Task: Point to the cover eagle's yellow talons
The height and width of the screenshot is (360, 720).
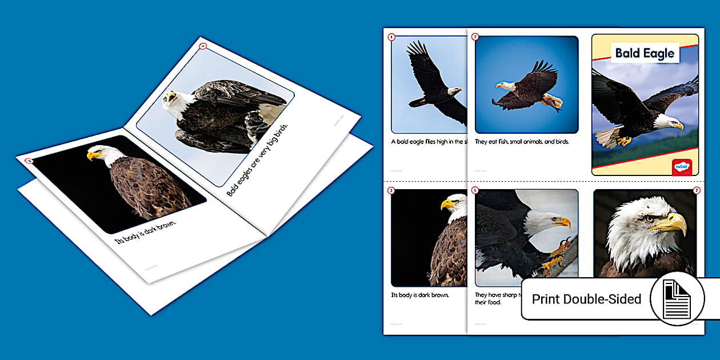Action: (x=624, y=140)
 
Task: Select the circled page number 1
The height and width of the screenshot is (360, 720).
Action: (x=391, y=38)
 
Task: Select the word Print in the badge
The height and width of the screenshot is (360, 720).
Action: (x=545, y=299)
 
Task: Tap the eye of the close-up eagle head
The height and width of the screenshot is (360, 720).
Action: (x=647, y=218)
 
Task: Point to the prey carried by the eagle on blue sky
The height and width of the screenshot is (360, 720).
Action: (x=553, y=103)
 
